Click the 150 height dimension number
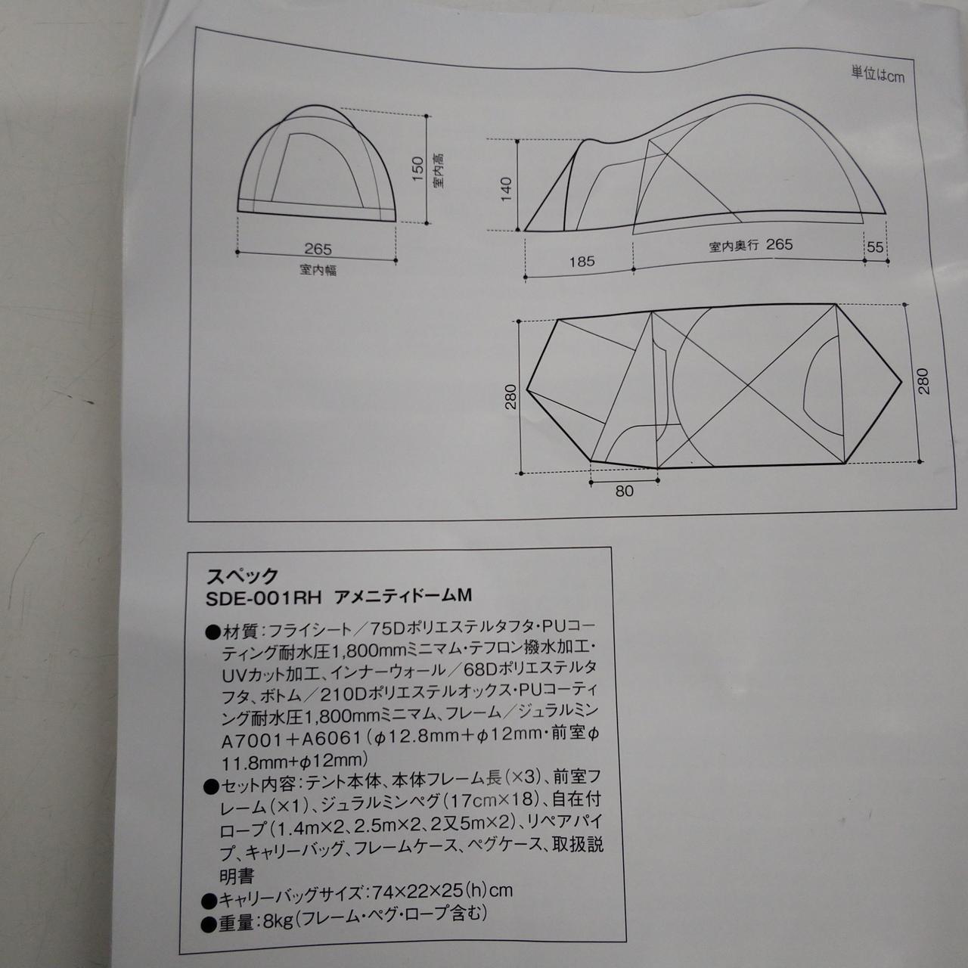pos(417,169)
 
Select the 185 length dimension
pos(582,261)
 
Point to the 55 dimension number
pos(874,247)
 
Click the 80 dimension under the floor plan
pos(624,491)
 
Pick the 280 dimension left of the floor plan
pos(511,397)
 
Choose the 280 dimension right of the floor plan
pos(923,381)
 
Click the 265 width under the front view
pos(318,249)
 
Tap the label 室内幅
pos(318,270)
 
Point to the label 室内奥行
pos(734,247)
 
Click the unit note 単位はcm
pos(877,74)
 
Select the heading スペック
pos(242,576)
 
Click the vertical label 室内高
pos(438,171)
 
